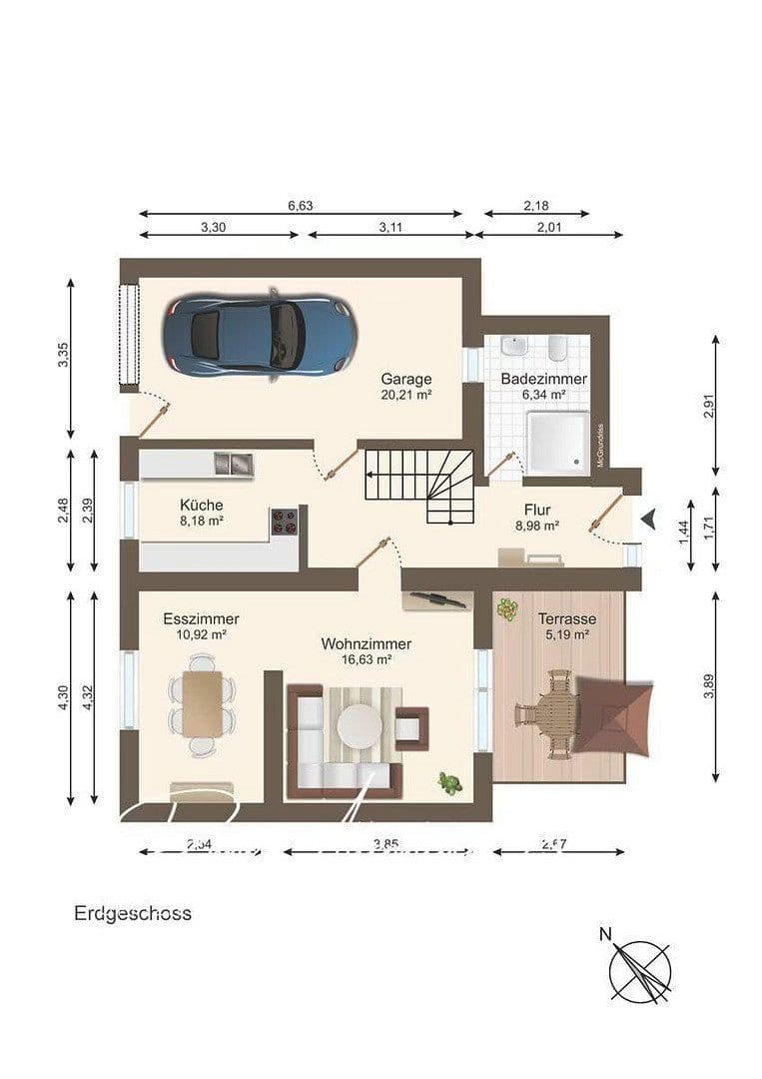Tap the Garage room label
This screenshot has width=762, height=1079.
coord(405,380)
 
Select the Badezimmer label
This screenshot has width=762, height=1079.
coord(543,380)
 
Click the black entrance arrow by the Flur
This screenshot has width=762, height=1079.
coord(648,519)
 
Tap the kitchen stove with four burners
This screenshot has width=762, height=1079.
coord(285,521)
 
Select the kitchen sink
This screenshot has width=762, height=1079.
coord(234,463)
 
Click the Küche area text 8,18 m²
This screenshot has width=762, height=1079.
coord(201,521)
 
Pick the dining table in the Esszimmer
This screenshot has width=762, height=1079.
coord(203,702)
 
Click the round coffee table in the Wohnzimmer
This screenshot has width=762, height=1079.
coord(358,725)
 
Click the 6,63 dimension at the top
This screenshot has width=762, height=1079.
coord(300,206)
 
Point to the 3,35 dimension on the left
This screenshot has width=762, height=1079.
coord(63,357)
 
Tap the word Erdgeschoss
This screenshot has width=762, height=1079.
coord(132,913)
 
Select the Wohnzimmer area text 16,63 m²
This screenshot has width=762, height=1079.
coord(366,659)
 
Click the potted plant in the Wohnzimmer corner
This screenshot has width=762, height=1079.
coord(450,782)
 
